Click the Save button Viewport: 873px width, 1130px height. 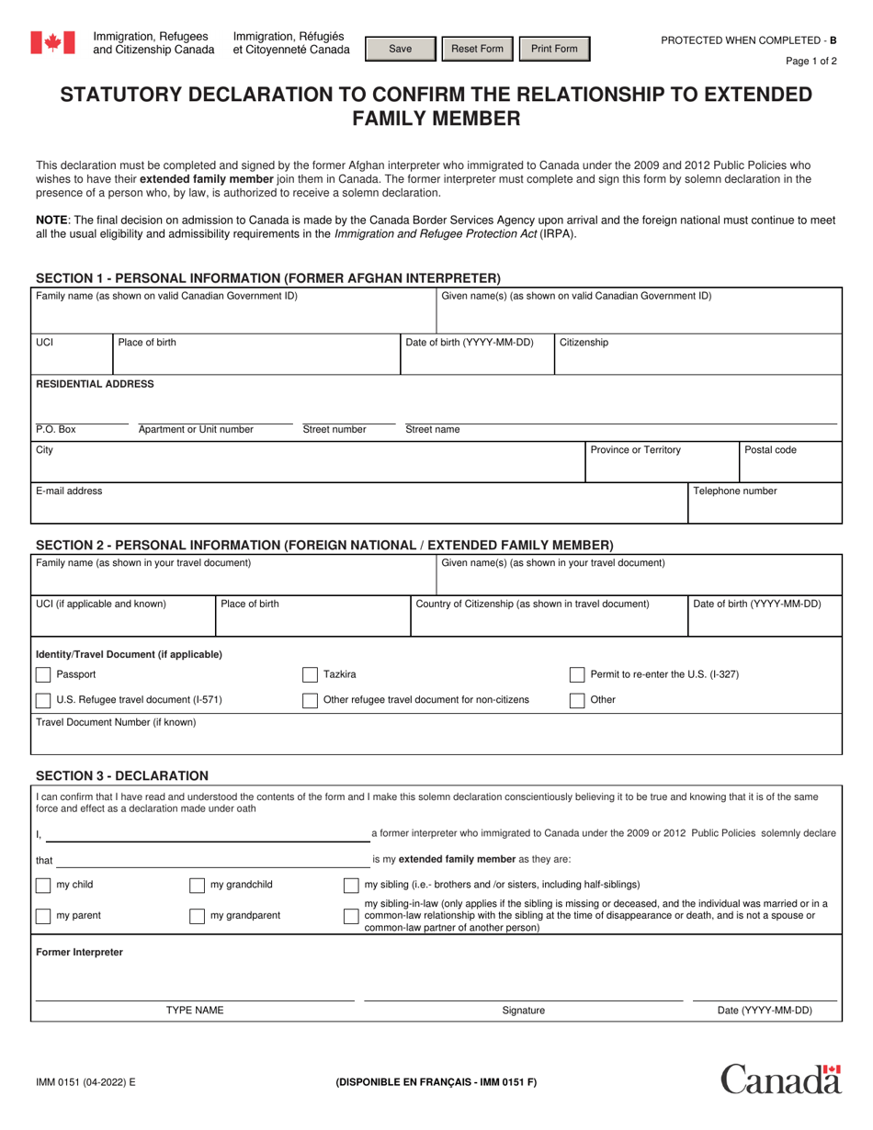tap(401, 50)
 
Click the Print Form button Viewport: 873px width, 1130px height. tap(554, 50)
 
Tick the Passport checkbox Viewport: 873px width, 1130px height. tap(43, 674)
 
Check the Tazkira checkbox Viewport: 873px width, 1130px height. tap(311, 674)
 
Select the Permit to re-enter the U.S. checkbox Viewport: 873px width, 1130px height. tap(577, 674)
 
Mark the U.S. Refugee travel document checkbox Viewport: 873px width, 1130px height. tap(43, 700)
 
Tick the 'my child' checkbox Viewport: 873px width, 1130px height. tap(43, 885)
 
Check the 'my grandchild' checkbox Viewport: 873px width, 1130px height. tap(197, 885)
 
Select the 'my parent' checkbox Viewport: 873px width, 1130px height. tap(43, 915)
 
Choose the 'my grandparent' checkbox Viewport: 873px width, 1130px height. tap(197, 915)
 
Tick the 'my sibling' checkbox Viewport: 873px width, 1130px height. tap(351, 885)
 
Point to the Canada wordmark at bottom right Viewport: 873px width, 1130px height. tap(780, 1079)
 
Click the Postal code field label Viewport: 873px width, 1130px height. tap(770, 450)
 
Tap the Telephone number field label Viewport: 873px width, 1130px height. tap(734, 492)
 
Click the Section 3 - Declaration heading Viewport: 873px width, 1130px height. tap(121, 776)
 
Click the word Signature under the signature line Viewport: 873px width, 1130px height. tap(523, 1011)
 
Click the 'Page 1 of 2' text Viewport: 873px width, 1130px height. tap(811, 62)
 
